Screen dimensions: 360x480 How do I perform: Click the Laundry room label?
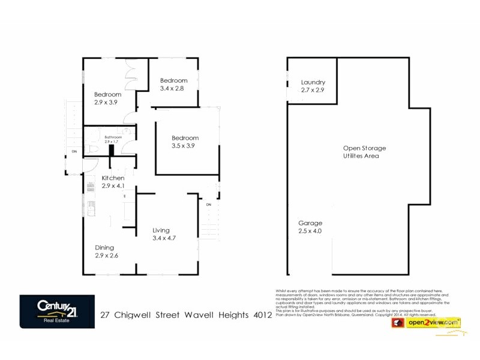coord(313,82)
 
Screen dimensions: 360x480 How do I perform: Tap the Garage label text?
coord(310,223)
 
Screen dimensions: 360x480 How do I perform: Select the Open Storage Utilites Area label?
coord(364,152)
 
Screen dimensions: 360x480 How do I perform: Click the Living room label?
coord(161,230)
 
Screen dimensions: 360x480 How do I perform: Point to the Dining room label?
coord(104,247)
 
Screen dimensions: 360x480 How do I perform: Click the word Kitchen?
coord(113,178)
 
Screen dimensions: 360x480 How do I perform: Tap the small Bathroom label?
coord(113,137)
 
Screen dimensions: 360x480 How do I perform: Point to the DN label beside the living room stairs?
coord(209,205)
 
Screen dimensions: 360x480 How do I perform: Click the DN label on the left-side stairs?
coord(74,152)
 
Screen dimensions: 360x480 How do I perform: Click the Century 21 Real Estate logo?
coord(57,311)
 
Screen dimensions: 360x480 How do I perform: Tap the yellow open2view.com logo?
coord(434,323)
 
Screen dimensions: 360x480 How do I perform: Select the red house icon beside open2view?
coord(397,323)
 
